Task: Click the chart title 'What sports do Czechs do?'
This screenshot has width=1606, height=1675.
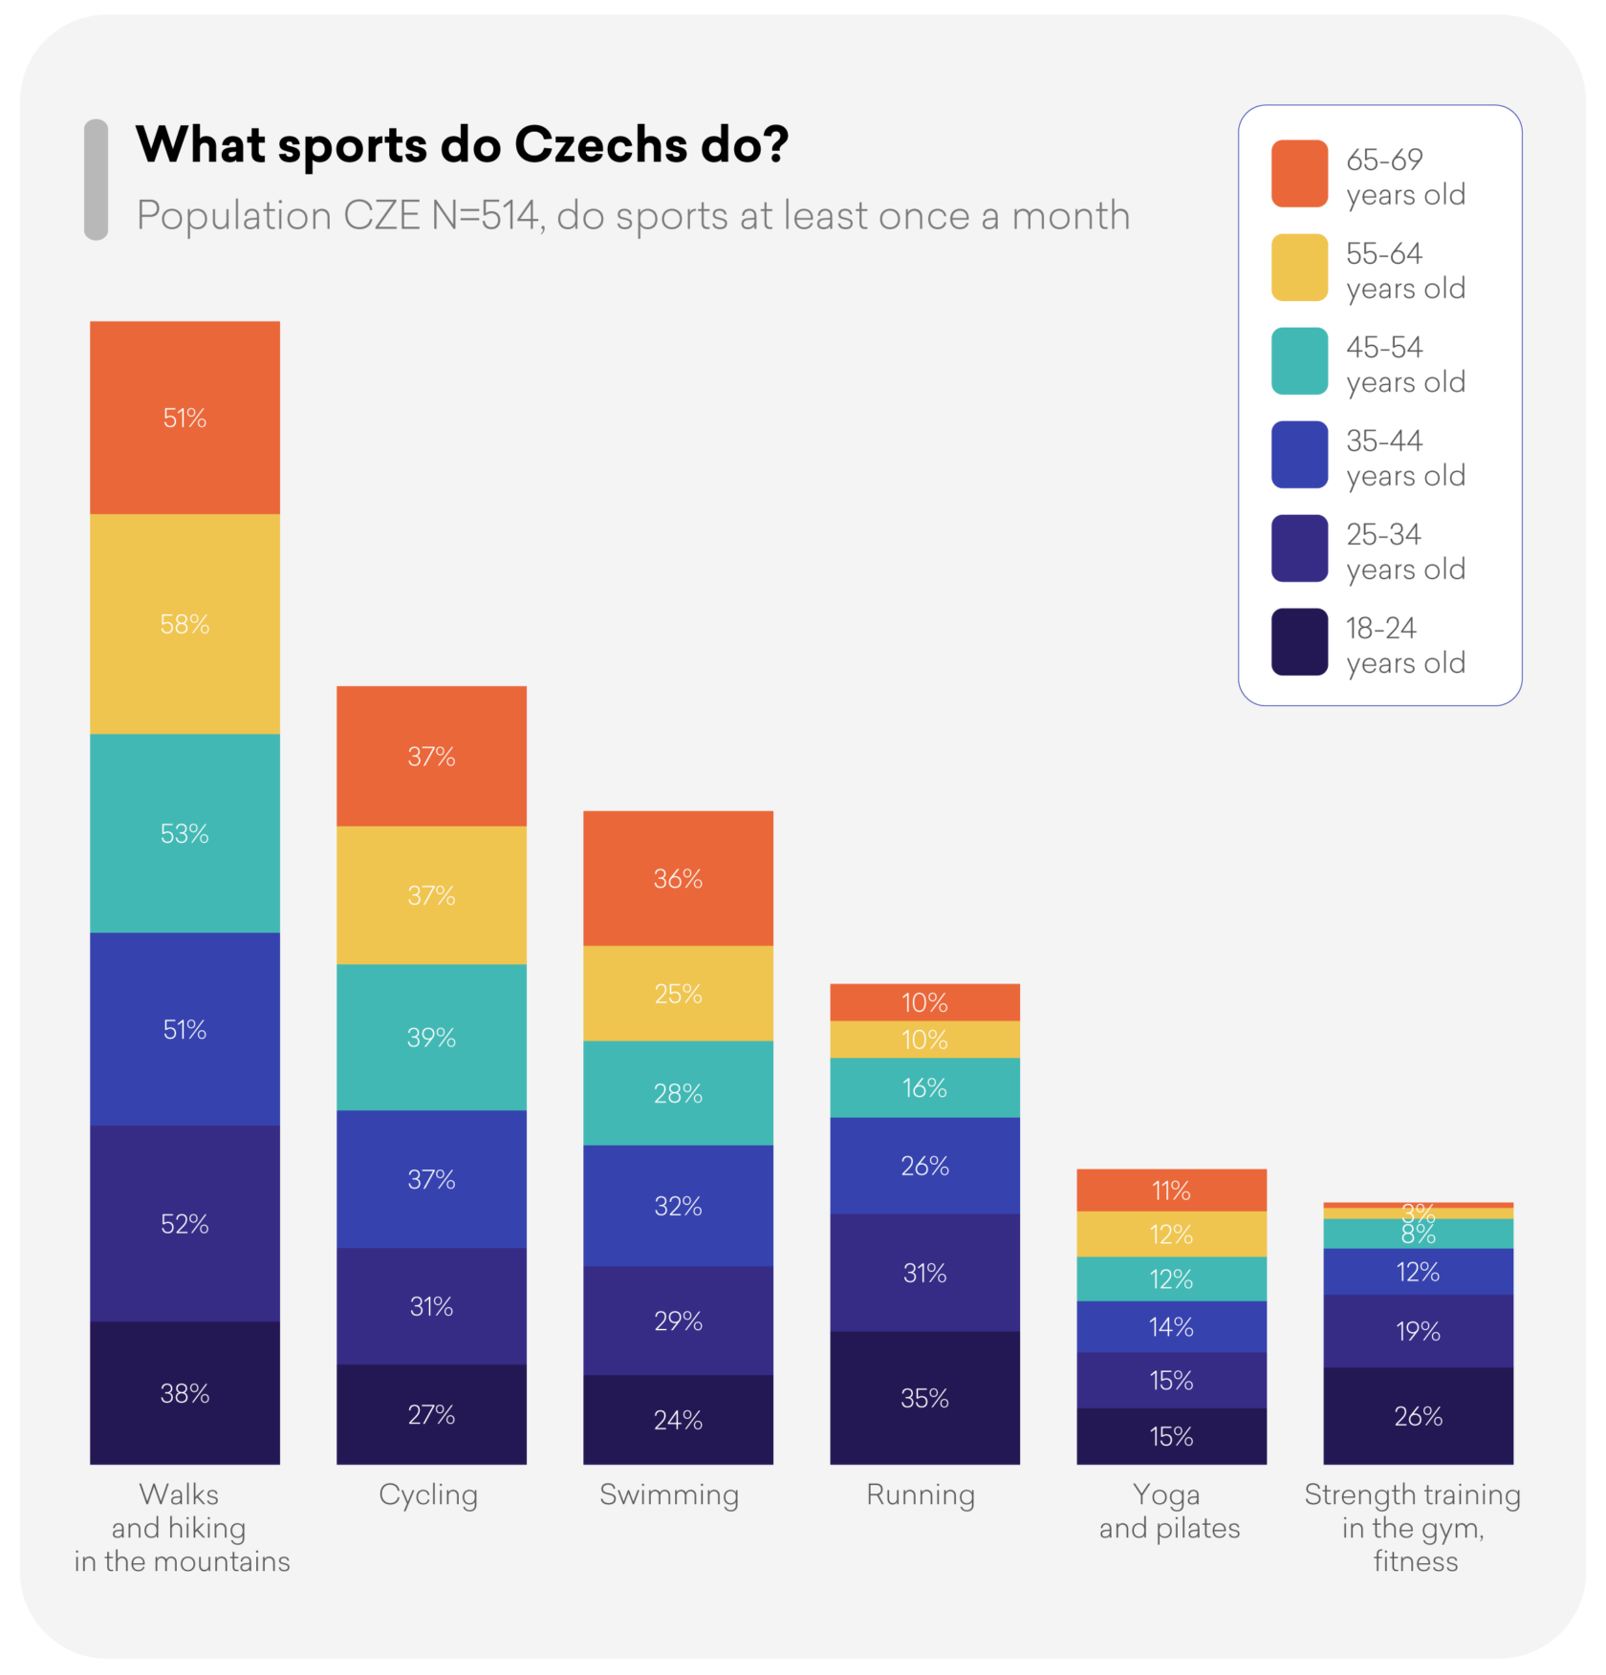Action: pyautogui.click(x=462, y=145)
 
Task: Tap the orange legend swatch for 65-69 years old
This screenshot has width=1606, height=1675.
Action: pyautogui.click(x=1299, y=174)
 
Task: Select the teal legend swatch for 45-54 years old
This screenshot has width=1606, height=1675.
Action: pyautogui.click(x=1299, y=361)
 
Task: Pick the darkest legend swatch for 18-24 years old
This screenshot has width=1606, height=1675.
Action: pyautogui.click(x=1299, y=642)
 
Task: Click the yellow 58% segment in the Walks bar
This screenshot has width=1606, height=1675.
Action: pyautogui.click(x=184, y=624)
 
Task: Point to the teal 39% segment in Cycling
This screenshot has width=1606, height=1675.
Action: pyautogui.click(x=431, y=1037)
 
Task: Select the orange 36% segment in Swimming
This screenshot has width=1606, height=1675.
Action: pyautogui.click(x=678, y=878)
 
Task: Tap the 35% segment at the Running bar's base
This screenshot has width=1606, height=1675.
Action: pyautogui.click(x=924, y=1398)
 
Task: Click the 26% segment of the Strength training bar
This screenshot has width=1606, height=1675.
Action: pyautogui.click(x=1418, y=1416)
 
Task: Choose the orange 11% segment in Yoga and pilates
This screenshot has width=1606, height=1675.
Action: pyautogui.click(x=1171, y=1191)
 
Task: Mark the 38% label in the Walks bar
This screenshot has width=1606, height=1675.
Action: pyautogui.click(x=184, y=1393)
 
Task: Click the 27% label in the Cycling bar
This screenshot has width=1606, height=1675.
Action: pyautogui.click(x=431, y=1414)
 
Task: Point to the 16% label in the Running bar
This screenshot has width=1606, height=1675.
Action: pyautogui.click(x=924, y=1087)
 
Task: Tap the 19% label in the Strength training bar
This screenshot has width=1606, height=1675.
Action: pyautogui.click(x=1418, y=1331)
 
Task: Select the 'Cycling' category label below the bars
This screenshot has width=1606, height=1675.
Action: pyautogui.click(x=428, y=1494)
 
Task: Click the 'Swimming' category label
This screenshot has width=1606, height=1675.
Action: pyautogui.click(x=669, y=1494)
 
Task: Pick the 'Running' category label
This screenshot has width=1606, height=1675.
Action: pyautogui.click(x=921, y=1494)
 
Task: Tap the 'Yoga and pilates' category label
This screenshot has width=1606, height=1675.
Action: pyautogui.click(x=1169, y=1511)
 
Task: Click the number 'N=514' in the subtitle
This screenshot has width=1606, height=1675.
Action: pyautogui.click(x=487, y=216)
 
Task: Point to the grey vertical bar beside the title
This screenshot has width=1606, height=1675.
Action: pyautogui.click(x=96, y=179)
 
